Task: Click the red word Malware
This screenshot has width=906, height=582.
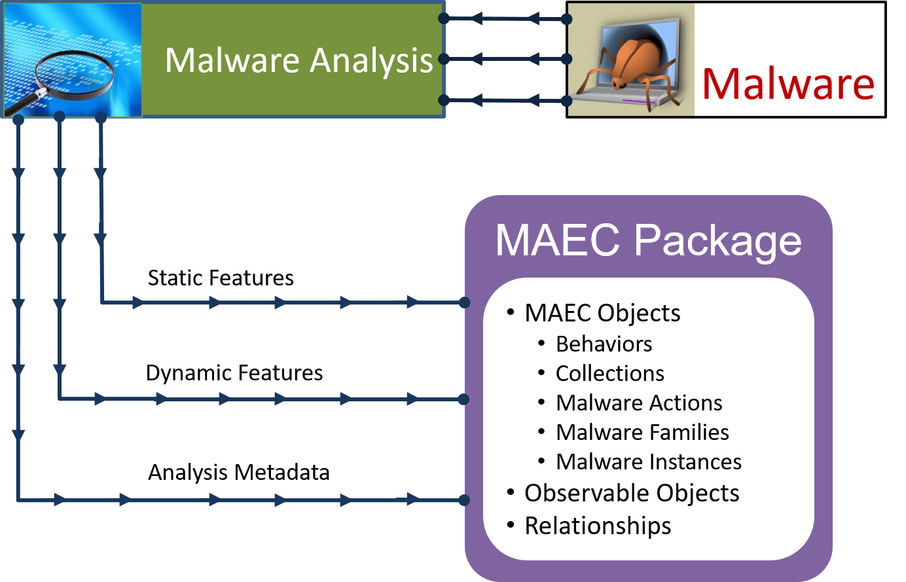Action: tap(788, 84)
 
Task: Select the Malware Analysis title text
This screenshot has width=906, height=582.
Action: tap(299, 60)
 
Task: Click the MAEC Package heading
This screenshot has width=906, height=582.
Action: tap(648, 240)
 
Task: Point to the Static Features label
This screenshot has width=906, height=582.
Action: tap(221, 278)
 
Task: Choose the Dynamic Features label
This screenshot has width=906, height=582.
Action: tap(234, 373)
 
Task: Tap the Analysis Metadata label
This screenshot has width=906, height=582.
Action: tap(239, 473)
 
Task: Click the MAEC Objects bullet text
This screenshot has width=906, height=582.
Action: tap(602, 313)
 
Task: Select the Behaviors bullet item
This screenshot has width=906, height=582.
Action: tap(604, 344)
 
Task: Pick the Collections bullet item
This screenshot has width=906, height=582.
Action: tap(609, 374)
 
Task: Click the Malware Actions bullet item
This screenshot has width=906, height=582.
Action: tap(639, 403)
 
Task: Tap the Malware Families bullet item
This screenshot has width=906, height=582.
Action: tap(642, 433)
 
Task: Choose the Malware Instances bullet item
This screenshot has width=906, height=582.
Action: tap(649, 462)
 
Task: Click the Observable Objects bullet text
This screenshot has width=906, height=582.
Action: tap(632, 493)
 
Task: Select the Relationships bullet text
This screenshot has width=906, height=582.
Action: tap(598, 526)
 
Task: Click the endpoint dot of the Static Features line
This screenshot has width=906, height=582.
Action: tap(464, 302)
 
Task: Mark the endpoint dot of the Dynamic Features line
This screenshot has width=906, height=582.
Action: tap(464, 399)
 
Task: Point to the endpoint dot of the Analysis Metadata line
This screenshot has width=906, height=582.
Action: tap(464, 500)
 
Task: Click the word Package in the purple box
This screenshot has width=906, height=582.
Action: tap(717, 240)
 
